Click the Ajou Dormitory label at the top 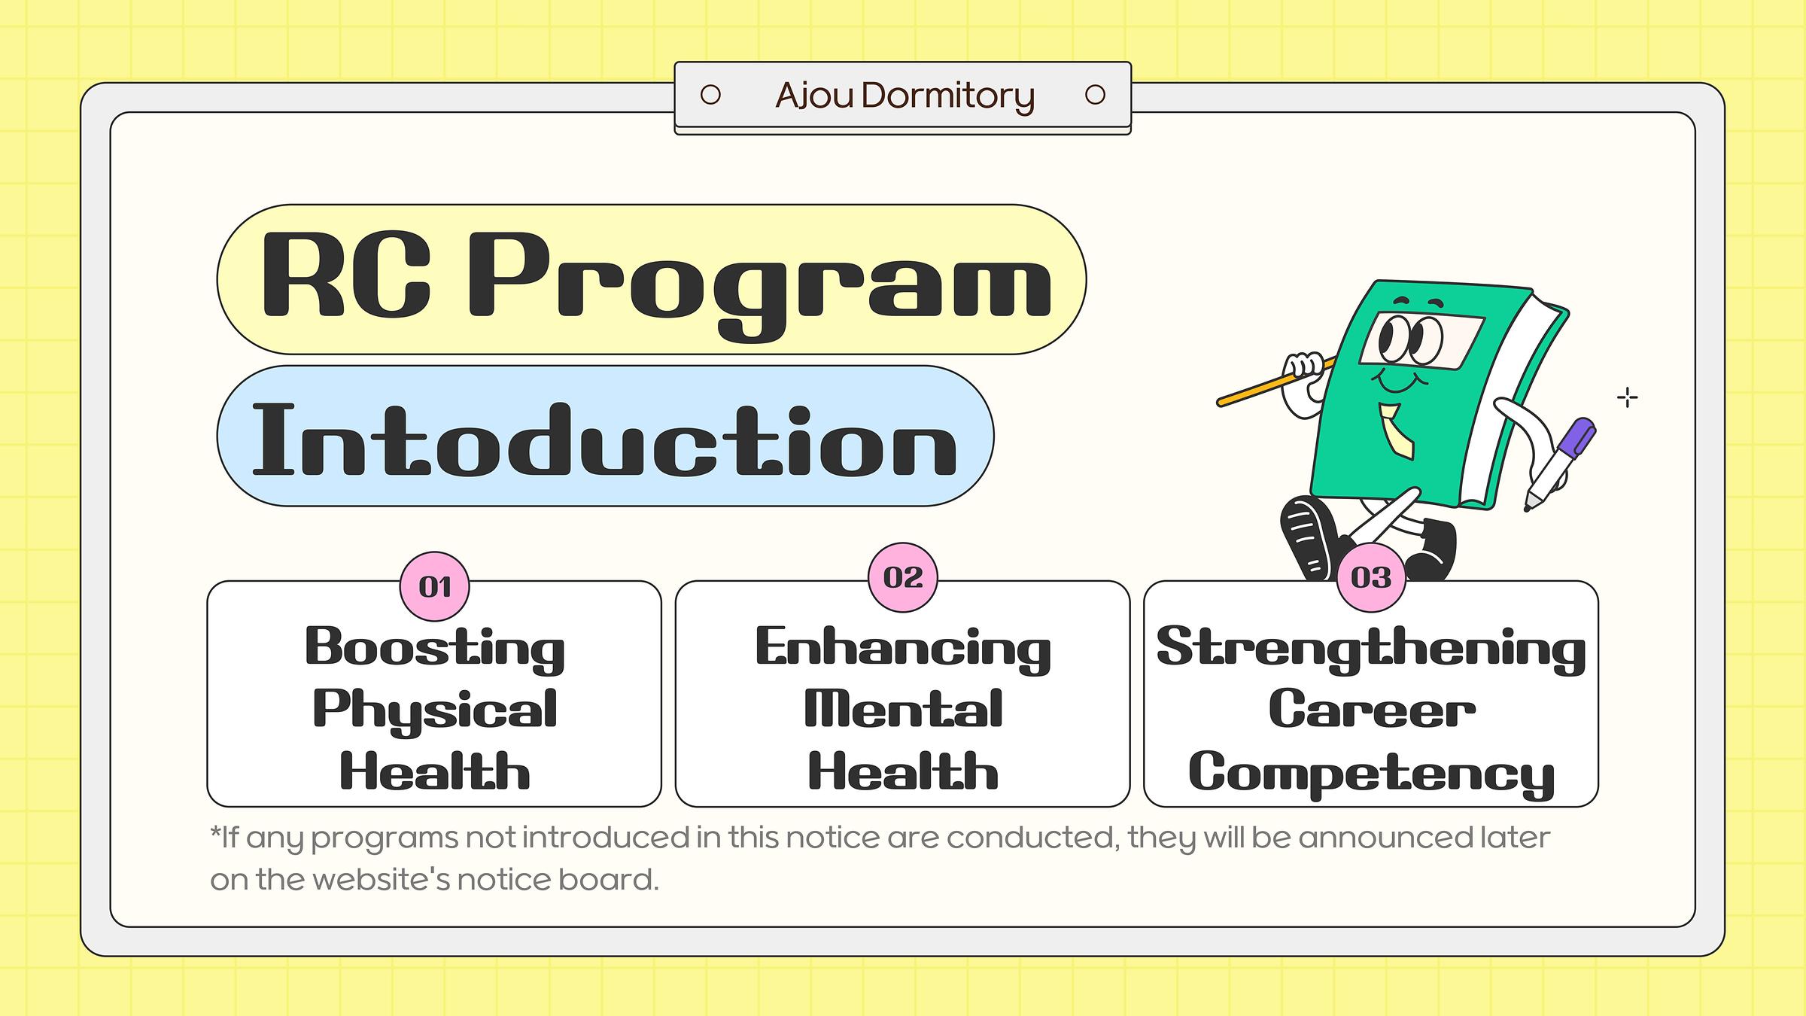pyautogui.click(x=905, y=96)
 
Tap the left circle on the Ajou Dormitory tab pyautogui.click(x=710, y=95)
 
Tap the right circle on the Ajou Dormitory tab pyautogui.click(x=1096, y=95)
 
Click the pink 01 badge pyautogui.click(x=435, y=586)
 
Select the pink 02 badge pyautogui.click(x=903, y=577)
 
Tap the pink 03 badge pyautogui.click(x=1371, y=577)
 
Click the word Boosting pyautogui.click(x=435, y=649)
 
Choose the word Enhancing pyautogui.click(x=903, y=649)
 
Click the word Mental pyautogui.click(x=903, y=709)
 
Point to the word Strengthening pyautogui.click(x=1371, y=649)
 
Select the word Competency pyautogui.click(x=1371, y=774)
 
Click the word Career pyautogui.click(x=1371, y=709)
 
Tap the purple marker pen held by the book pyautogui.click(x=1561, y=464)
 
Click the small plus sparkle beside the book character pyautogui.click(x=1628, y=397)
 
